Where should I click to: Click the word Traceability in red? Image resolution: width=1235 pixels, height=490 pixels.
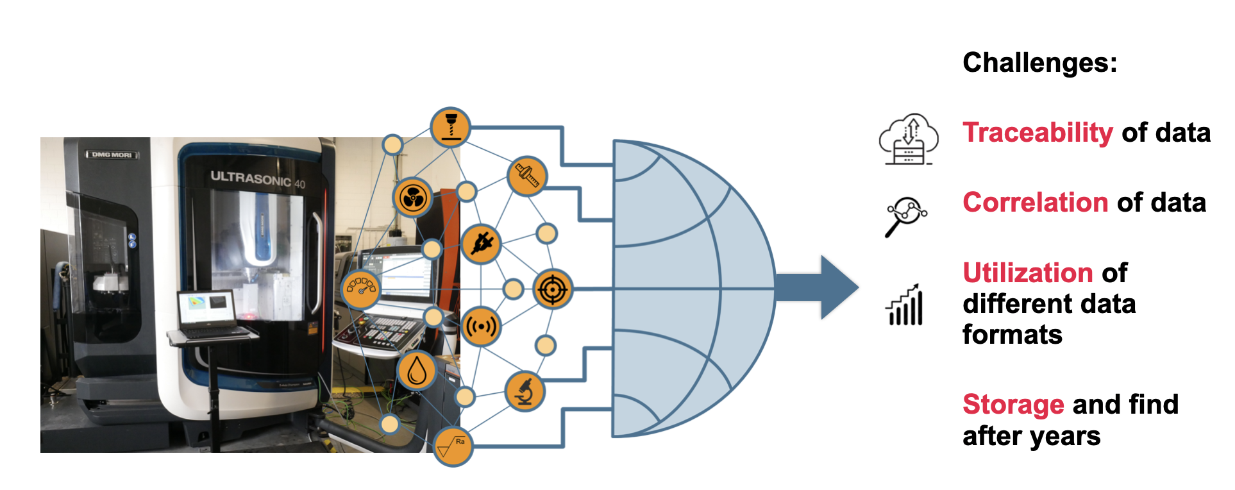tap(1037, 133)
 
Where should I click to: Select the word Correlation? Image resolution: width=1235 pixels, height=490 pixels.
tap(1035, 203)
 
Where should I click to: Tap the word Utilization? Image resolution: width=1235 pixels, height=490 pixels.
tap(1027, 273)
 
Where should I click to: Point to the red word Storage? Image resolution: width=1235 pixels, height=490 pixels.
tap(1013, 405)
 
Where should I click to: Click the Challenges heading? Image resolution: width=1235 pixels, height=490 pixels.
tap(1039, 63)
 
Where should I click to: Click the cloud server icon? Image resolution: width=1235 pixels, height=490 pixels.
tap(909, 140)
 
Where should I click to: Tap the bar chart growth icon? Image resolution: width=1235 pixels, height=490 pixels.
tap(905, 305)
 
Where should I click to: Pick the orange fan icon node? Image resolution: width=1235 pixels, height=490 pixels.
tap(412, 198)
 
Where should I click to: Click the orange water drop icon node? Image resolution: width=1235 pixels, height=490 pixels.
tap(417, 371)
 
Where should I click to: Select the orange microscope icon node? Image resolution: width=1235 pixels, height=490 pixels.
tap(525, 391)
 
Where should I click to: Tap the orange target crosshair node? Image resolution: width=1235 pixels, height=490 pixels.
tap(552, 289)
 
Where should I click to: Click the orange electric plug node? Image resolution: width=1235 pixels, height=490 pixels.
tap(481, 244)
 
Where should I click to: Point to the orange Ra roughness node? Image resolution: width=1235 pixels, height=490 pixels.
tap(453, 446)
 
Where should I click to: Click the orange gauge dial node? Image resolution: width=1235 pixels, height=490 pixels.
tap(361, 289)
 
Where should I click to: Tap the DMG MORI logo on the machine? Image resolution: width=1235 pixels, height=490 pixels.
tap(112, 155)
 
